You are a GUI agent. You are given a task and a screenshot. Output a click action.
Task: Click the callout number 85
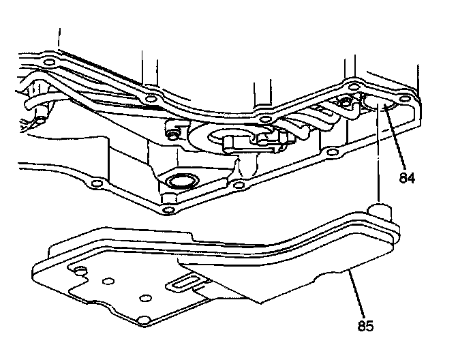(366, 325)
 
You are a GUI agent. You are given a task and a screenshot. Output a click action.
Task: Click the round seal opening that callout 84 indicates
(377, 104)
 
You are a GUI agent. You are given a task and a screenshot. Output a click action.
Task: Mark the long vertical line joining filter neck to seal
(377, 157)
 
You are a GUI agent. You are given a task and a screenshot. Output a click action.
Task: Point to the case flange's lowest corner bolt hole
(167, 209)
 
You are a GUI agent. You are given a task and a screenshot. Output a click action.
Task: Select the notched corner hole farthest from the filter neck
(80, 272)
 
